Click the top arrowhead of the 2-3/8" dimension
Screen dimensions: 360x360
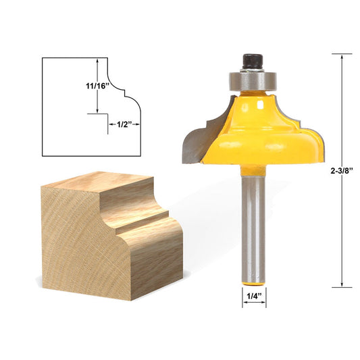(342, 59)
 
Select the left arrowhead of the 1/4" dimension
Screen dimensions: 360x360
(245, 303)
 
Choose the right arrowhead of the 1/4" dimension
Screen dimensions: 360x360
(263, 303)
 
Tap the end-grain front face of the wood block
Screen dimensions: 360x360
(68, 236)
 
